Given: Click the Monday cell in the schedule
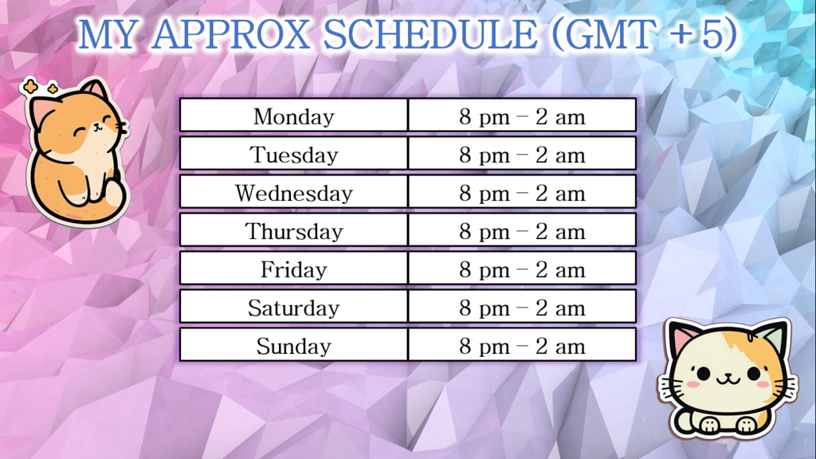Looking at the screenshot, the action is tap(293, 115).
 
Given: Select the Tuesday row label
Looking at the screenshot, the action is tap(293, 154).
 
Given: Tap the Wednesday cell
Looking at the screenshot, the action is tap(293, 191).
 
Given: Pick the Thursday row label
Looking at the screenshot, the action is tap(293, 230).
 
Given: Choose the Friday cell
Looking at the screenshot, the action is tap(293, 268).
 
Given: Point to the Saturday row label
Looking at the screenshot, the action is tap(293, 307).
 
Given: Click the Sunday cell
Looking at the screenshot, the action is tap(293, 344).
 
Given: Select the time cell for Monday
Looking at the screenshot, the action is tap(522, 115).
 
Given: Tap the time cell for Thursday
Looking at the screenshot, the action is tap(522, 230).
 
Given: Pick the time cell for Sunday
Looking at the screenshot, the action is tap(522, 344).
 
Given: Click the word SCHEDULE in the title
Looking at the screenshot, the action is tap(430, 34).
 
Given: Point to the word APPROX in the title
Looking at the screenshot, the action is tap(230, 34).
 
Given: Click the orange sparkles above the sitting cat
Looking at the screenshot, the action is tap(38, 87).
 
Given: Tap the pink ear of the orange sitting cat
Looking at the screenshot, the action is tap(42, 110).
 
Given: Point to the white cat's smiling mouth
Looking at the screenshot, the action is tap(727, 379).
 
